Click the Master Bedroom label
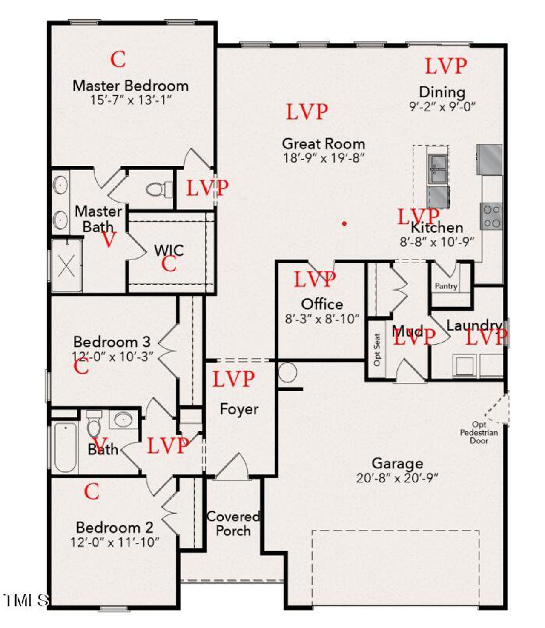tap(130, 86)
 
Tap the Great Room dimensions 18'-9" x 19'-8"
tap(324, 158)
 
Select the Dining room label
tap(442, 92)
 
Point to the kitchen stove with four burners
tap(491, 216)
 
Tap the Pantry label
tap(446, 286)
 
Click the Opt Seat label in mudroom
tap(377, 349)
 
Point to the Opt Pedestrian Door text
tap(479, 432)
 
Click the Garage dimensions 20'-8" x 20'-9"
tap(397, 478)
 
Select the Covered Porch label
tap(233, 523)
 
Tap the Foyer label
tap(239, 409)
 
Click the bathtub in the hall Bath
tap(65, 447)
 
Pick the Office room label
tap(322, 304)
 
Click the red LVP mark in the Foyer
tap(233, 379)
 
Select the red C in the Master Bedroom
tap(118, 59)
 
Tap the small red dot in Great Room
tap(344, 223)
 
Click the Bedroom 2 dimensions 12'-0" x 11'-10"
tap(115, 542)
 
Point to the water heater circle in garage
tap(288, 373)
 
